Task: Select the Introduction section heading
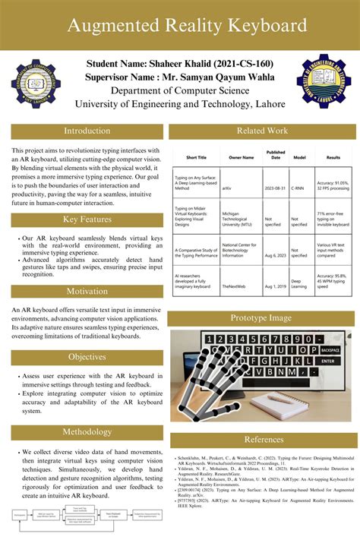pos(87,131)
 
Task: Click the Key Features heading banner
pos(87,219)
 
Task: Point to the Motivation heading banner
pos(87,292)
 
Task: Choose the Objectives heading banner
pos(87,357)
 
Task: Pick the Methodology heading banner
pos(87,432)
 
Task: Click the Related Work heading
pos(262,131)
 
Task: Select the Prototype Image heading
pos(262,317)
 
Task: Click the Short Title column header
pos(196,157)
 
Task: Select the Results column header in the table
pos(333,157)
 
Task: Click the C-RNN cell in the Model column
pos(299,187)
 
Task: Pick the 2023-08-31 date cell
pos(276,187)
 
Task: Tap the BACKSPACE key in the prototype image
pos(330,350)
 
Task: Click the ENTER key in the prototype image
pos(327,361)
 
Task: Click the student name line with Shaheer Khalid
pos(179,63)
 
